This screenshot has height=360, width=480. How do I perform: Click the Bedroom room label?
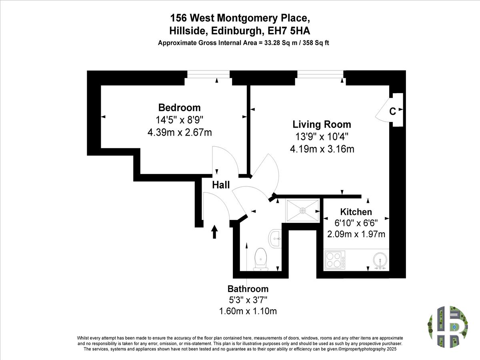(179, 108)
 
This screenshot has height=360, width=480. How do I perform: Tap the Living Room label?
(322, 124)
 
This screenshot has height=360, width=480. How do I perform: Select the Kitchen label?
(356, 212)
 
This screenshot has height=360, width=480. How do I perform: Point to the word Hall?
(221, 185)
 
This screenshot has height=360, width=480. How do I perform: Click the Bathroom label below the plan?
(248, 289)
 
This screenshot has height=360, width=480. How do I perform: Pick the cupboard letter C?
(392, 112)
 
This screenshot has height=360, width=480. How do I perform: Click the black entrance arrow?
(214, 232)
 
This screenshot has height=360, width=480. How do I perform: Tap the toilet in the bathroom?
(261, 259)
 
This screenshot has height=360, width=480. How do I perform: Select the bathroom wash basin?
(275, 238)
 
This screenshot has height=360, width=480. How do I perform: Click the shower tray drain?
(303, 211)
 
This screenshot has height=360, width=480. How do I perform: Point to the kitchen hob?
(335, 260)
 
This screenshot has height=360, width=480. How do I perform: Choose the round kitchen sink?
(380, 260)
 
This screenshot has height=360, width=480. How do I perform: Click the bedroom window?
(208, 74)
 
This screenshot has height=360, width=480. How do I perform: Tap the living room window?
(320, 74)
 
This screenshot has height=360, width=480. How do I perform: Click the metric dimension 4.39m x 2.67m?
(180, 133)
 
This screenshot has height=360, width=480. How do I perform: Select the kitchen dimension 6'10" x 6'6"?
(356, 223)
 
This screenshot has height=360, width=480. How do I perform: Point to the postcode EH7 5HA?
(289, 31)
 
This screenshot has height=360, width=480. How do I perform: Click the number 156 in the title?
(178, 18)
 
